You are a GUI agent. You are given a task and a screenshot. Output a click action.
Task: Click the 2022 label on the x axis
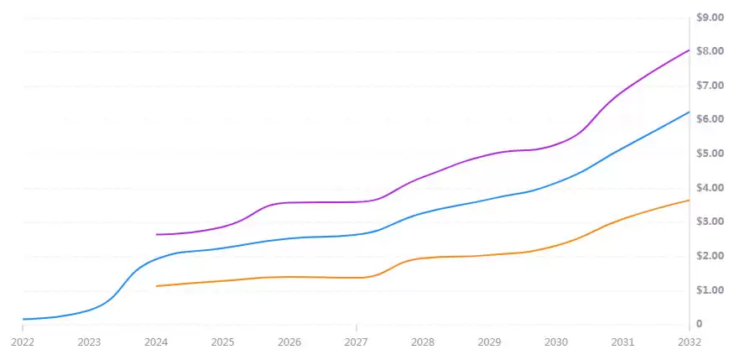pos(23,342)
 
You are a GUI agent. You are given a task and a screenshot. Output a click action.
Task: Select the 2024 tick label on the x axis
pos(156,342)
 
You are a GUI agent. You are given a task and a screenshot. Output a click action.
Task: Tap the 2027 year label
pos(357,342)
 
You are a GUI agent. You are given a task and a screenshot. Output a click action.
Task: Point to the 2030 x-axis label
pos(555,342)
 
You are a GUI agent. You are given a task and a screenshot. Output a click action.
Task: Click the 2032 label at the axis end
pos(689,342)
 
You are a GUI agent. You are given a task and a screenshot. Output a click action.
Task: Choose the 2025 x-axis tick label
pos(223,342)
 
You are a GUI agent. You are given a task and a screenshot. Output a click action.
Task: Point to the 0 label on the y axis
pos(700,324)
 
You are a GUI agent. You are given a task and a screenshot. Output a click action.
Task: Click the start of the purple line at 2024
pos(157,234)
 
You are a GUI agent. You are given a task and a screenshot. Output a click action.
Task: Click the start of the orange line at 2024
pos(157,286)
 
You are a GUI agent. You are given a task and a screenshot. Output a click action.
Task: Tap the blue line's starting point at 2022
pos(23,319)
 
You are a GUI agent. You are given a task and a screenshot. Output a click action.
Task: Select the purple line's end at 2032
pos(689,50)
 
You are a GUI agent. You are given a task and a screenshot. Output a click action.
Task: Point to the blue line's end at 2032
pos(689,112)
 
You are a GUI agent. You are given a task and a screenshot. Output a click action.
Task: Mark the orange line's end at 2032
pos(689,200)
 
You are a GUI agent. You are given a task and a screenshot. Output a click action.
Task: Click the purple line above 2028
pos(423,176)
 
